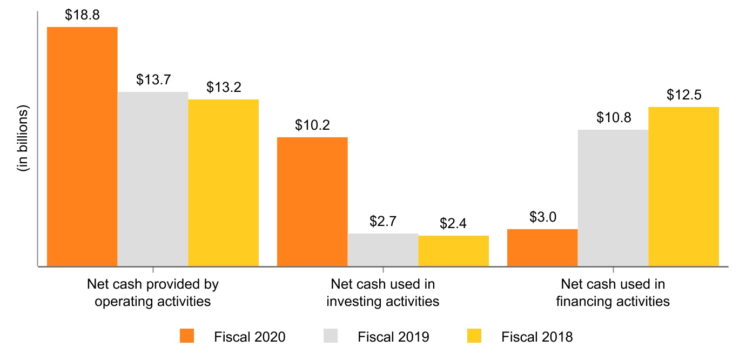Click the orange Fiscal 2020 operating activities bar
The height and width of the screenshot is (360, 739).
click(82, 146)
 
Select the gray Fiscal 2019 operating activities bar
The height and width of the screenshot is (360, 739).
click(153, 179)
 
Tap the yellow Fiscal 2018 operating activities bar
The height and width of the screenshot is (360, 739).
click(223, 182)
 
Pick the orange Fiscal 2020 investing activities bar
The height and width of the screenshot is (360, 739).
click(312, 202)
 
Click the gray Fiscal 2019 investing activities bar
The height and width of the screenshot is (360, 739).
click(382, 250)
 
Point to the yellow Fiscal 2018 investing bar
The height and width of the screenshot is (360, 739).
click(453, 251)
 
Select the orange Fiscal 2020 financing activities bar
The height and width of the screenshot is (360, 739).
click(542, 248)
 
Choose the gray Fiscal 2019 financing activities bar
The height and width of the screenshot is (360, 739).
click(613, 198)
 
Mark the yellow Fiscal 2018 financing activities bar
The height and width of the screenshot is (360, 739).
click(683, 186)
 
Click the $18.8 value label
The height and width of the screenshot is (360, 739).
click(82, 16)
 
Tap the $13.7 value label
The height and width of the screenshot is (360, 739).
click(153, 81)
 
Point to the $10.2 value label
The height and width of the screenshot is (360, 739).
click(312, 125)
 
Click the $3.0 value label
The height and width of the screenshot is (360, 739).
click(542, 218)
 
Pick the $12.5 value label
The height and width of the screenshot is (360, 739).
click(683, 96)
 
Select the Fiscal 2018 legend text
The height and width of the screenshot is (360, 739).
click(537, 337)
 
